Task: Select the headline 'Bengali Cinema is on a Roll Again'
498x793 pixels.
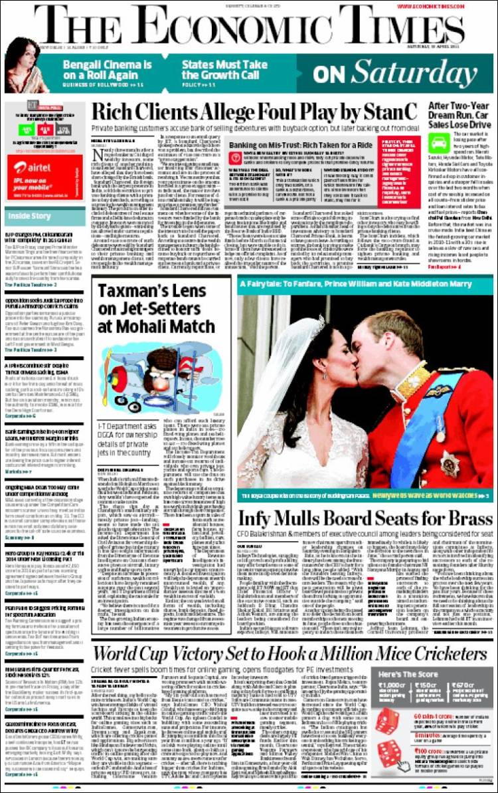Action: [106, 68]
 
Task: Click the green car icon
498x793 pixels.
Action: [438, 143]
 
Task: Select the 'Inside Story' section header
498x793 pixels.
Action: [29, 215]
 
